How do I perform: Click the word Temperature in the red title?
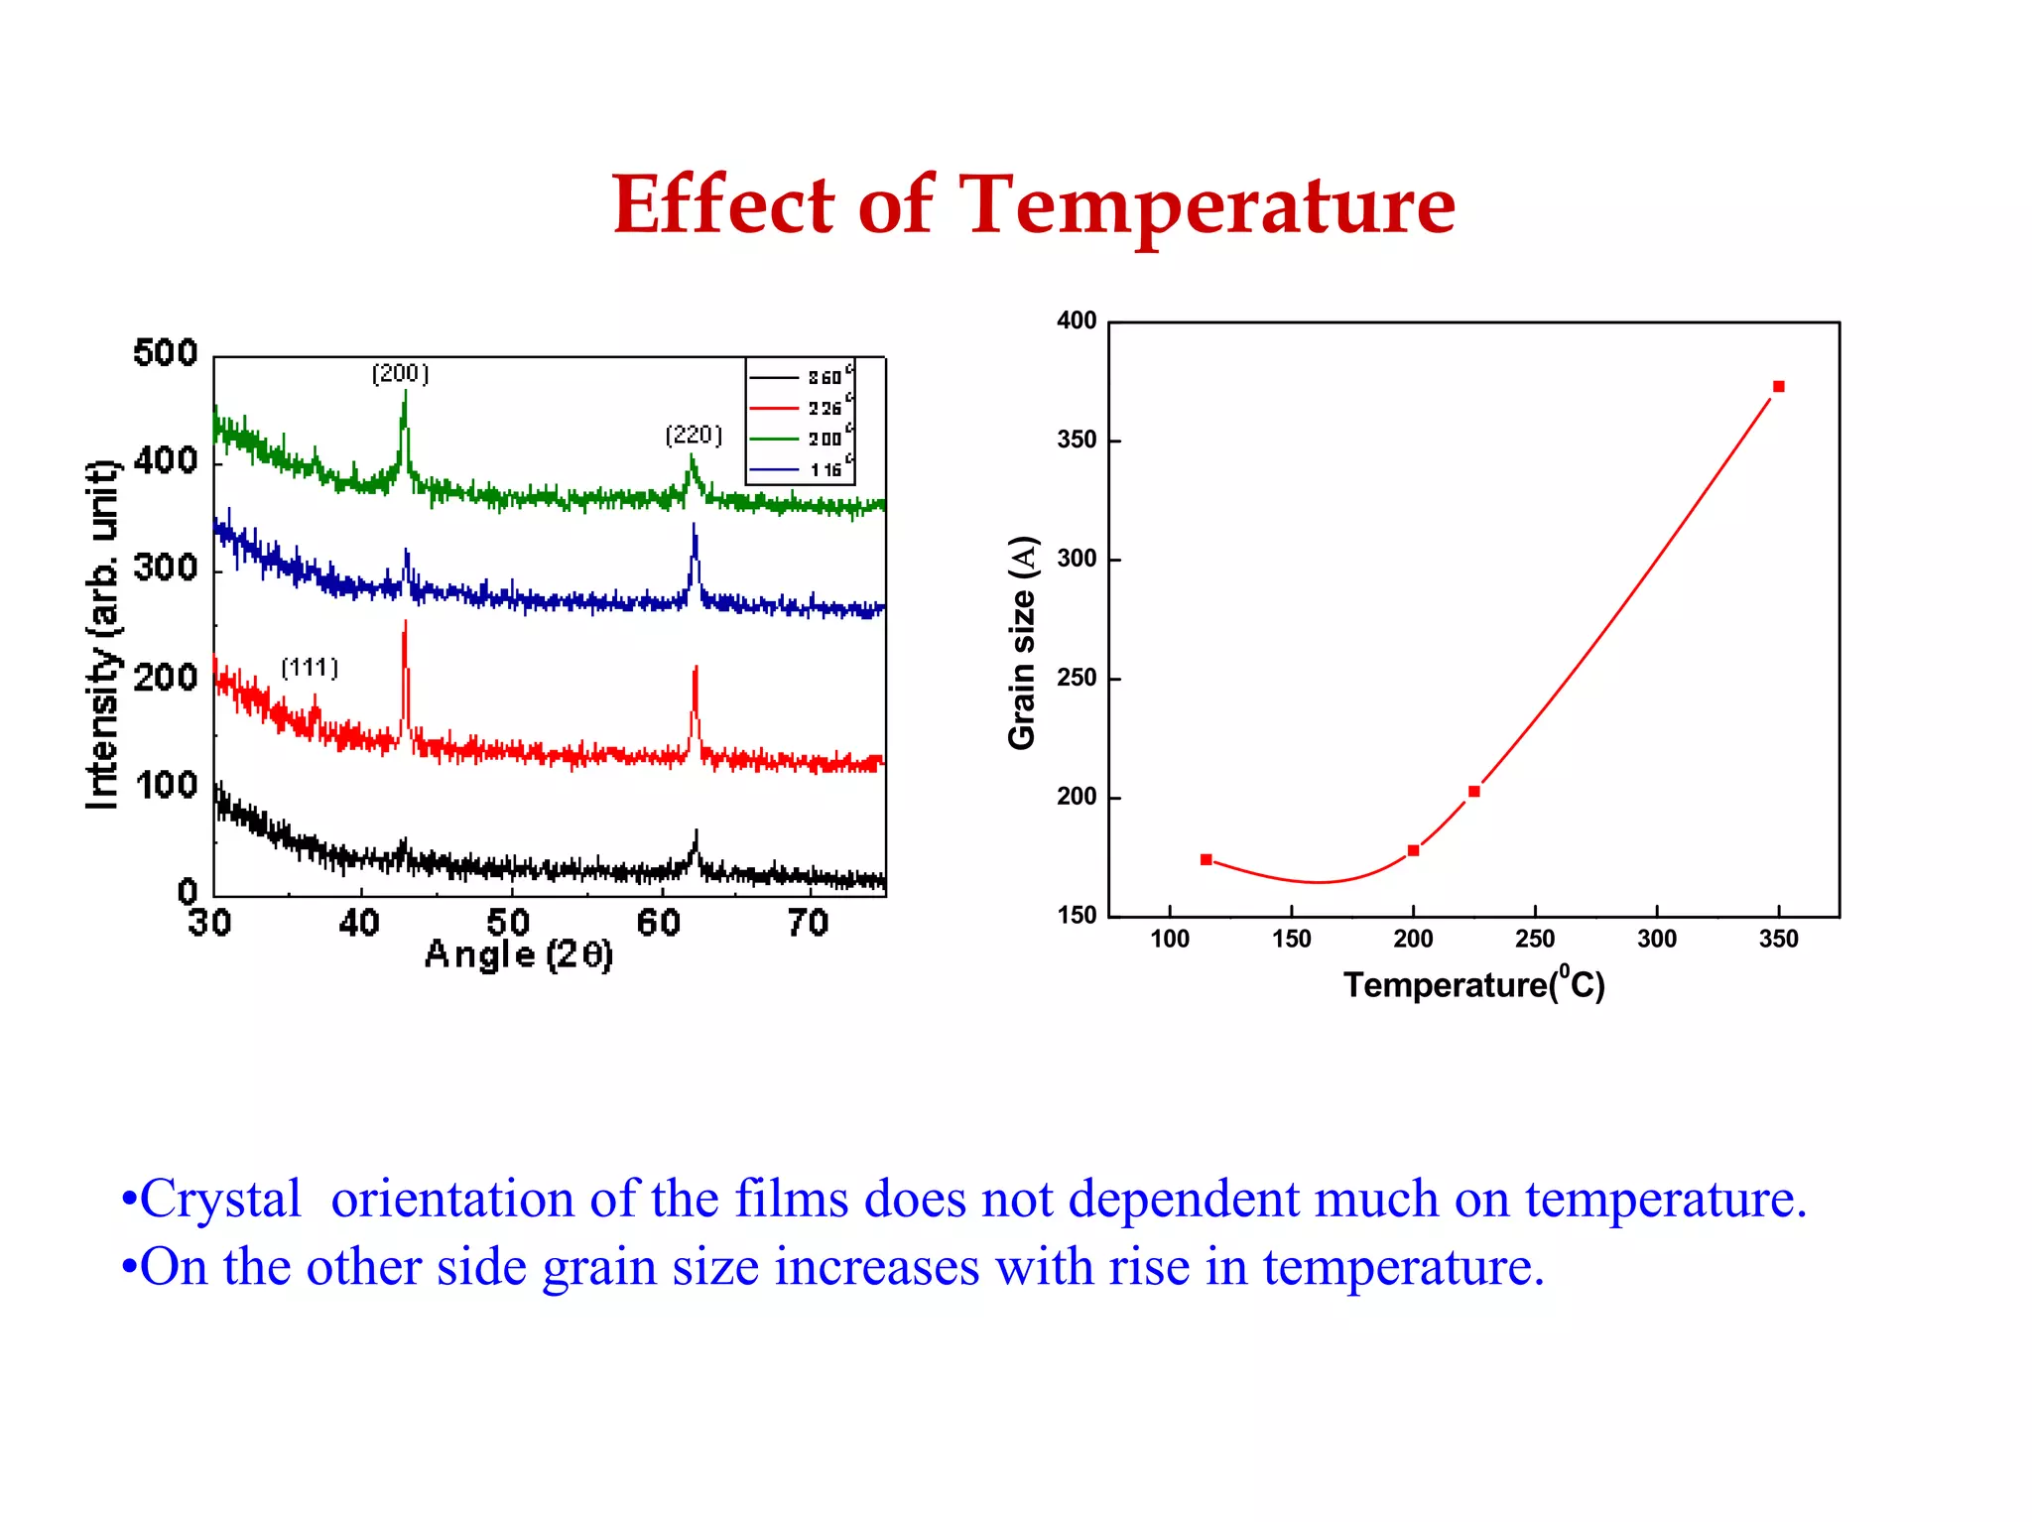[1208, 205]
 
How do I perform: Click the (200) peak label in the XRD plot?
[400, 373]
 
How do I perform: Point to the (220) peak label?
[694, 435]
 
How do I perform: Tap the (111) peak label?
[310, 668]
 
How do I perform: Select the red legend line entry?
[775, 408]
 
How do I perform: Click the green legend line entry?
[775, 439]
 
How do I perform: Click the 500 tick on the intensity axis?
[166, 353]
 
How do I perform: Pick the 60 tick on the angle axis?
[659, 924]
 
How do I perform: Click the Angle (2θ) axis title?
[519, 954]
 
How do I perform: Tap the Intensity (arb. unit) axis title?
[103, 635]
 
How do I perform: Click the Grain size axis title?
[1022, 643]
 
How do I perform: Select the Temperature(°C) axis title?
[1473, 984]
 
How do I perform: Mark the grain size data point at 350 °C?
[1778, 387]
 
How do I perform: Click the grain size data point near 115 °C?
[1206, 859]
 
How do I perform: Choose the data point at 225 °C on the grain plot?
[1474, 791]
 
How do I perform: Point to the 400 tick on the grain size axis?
[1077, 320]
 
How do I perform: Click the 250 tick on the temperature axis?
[1535, 939]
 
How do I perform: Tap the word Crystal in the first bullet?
[220, 1199]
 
